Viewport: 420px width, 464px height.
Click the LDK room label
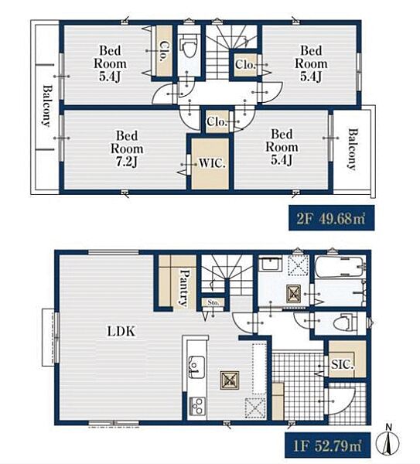[x=121, y=331]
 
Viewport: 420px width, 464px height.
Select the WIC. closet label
[x=212, y=163]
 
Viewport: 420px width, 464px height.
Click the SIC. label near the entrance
[x=343, y=364]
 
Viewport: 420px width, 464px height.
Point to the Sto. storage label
[x=213, y=302]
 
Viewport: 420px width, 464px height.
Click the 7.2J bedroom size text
[x=127, y=162]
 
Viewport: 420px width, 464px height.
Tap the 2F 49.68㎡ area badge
[x=332, y=218]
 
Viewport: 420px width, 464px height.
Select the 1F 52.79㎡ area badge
[x=328, y=445]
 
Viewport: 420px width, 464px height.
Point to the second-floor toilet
[x=190, y=46]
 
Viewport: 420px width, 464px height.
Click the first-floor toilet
[x=345, y=323]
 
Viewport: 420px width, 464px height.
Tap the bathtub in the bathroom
[x=339, y=267]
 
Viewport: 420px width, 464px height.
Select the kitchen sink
[x=196, y=367]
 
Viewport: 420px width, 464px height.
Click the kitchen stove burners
[x=196, y=405]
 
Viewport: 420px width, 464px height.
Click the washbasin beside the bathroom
[x=271, y=264]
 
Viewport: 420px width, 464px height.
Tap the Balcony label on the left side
[x=46, y=106]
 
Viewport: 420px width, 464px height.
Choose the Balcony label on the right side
[x=352, y=148]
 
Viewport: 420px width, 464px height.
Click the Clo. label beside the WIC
[x=217, y=121]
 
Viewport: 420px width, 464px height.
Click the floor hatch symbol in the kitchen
[x=230, y=380]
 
